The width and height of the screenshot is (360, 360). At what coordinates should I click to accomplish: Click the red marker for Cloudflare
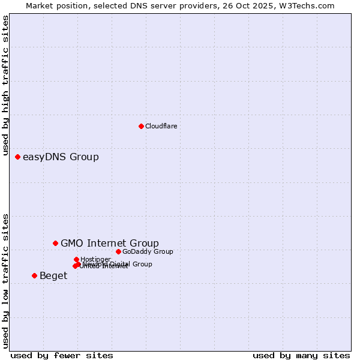click(141, 126)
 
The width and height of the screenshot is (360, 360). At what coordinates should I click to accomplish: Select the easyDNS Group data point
click(17, 157)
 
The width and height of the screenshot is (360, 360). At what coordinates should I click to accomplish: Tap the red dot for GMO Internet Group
click(55, 243)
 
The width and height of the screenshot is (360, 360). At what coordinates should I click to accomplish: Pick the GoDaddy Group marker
click(118, 251)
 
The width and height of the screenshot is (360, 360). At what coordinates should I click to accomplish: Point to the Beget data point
click(34, 275)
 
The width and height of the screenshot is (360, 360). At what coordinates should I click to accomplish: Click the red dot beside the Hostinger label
click(76, 259)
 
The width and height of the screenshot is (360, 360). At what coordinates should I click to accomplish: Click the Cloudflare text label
click(161, 126)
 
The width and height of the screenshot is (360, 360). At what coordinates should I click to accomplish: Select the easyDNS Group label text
click(61, 157)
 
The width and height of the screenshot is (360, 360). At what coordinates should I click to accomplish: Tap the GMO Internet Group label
click(110, 243)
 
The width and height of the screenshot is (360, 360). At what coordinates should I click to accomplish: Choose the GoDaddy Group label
click(148, 251)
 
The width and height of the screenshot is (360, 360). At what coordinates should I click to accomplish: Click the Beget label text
click(53, 276)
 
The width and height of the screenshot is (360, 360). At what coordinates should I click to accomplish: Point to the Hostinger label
click(95, 259)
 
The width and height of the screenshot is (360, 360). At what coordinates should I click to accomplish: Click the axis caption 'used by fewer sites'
click(62, 355)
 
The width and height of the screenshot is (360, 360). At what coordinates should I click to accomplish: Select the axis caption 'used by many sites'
click(301, 355)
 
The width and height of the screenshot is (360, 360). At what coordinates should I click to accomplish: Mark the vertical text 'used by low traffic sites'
click(6, 281)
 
